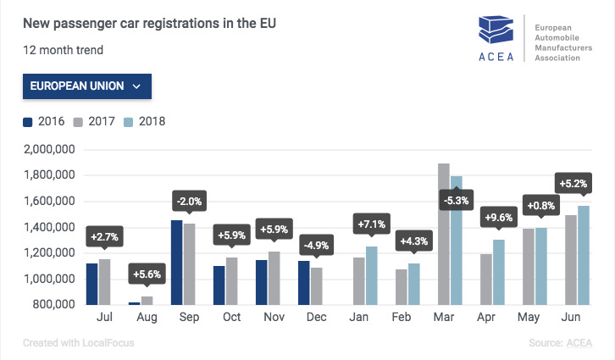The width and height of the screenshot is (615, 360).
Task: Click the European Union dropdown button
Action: coord(87,86)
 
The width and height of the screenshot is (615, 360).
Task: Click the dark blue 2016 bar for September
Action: coord(177,262)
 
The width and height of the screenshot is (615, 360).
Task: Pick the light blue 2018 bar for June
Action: coord(584,255)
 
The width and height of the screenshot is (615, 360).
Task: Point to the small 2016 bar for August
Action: coord(134,302)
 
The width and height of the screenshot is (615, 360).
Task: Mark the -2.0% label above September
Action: coord(190,201)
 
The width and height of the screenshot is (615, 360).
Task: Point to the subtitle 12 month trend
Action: coord(64,50)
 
